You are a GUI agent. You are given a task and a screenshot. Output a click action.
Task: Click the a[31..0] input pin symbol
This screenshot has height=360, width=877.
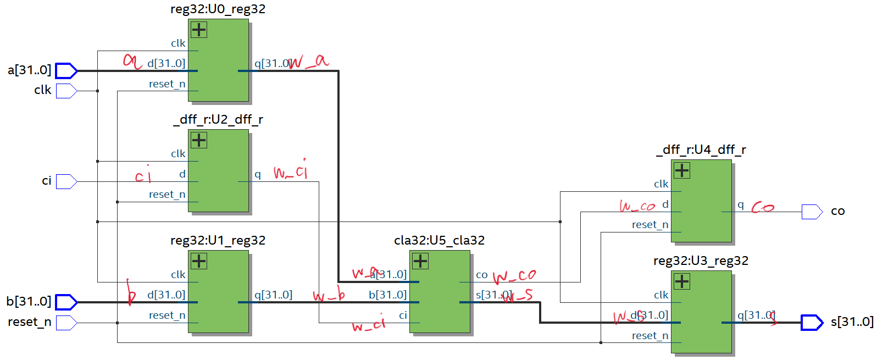(66, 71)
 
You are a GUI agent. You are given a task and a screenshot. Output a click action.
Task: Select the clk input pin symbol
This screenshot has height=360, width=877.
(65, 91)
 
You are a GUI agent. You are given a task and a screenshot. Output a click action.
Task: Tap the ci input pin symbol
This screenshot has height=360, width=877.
(65, 181)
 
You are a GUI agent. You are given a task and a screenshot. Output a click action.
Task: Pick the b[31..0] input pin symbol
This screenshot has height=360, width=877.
(66, 302)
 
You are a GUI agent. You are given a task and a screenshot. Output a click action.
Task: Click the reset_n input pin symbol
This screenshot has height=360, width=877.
(65, 323)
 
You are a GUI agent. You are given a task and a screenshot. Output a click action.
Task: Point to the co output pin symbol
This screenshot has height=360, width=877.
(812, 212)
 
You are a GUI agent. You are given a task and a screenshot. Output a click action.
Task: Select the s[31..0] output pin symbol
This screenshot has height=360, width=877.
(812, 323)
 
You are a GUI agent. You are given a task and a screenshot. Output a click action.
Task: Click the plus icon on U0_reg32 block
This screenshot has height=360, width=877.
(199, 30)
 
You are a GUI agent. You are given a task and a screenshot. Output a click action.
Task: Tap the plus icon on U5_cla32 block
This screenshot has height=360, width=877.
(420, 261)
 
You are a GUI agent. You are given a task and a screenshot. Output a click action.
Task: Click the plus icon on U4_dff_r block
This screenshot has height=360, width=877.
(682, 170)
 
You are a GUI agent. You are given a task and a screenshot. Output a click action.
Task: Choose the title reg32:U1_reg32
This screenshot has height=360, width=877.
(218, 241)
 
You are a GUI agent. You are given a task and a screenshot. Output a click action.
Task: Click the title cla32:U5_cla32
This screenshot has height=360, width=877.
(439, 241)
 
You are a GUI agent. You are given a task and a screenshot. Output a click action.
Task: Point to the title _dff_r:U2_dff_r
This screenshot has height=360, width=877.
(218, 120)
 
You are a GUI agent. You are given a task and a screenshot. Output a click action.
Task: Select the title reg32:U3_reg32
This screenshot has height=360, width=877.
(701, 261)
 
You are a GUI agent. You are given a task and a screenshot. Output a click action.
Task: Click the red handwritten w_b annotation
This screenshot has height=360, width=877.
(329, 296)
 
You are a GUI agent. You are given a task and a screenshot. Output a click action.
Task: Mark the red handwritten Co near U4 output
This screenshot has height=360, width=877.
(763, 207)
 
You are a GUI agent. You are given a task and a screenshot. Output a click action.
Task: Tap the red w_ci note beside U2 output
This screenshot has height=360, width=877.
(291, 171)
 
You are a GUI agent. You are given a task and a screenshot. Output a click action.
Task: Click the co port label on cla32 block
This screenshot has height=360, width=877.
(481, 275)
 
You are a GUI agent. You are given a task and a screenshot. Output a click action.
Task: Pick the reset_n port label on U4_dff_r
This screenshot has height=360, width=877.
(650, 225)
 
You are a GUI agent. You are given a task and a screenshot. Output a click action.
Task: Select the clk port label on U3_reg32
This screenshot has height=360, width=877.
(661, 295)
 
